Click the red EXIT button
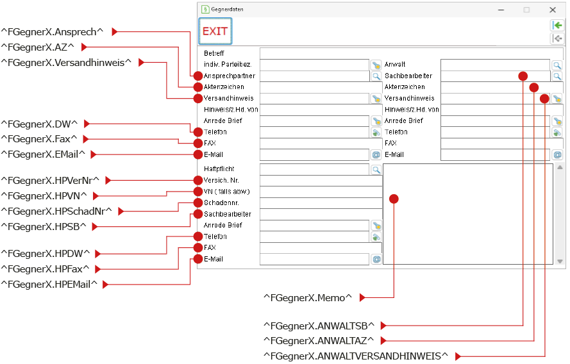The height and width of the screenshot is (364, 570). click(x=215, y=31)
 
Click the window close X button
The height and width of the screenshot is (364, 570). click(x=553, y=10)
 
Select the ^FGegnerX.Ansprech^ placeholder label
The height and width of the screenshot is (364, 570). click(x=52, y=32)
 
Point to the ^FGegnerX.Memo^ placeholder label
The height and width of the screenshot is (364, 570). click(x=308, y=298)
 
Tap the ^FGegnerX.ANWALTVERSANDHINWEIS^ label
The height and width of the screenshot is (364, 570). click(x=355, y=356)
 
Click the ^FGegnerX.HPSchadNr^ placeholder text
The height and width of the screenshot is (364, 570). click(x=56, y=211)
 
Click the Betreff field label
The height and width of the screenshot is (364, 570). click(x=214, y=53)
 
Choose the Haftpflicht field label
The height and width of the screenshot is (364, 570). click(x=219, y=169)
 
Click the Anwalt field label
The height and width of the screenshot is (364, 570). click(x=395, y=64)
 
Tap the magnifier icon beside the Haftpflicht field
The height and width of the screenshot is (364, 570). click(x=376, y=169)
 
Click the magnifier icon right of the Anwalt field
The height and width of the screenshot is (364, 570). click(x=557, y=65)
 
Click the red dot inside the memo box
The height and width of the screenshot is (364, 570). click(x=394, y=199)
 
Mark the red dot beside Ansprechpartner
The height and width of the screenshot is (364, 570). click(x=197, y=76)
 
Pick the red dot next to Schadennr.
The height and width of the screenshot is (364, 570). click(x=197, y=203)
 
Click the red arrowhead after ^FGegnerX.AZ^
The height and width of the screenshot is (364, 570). click(x=84, y=47)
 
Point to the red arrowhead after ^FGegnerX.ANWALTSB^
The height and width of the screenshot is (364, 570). click(x=383, y=326)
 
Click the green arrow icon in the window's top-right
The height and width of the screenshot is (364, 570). click(x=557, y=26)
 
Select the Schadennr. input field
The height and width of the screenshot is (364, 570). click(x=321, y=203)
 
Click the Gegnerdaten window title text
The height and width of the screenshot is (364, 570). click(x=227, y=10)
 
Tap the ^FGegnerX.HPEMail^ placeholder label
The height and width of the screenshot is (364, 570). click(x=49, y=285)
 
